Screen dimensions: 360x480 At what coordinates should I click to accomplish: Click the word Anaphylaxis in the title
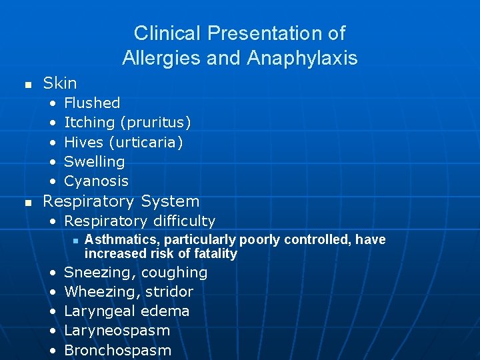pyautogui.click(x=302, y=59)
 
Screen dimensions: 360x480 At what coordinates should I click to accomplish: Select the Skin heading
pyautogui.click(x=60, y=83)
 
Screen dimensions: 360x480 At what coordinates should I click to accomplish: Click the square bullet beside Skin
pyautogui.click(x=27, y=85)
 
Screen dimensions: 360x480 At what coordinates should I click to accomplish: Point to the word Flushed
pyautogui.click(x=92, y=103)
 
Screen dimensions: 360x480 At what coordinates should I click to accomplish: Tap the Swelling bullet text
pyautogui.click(x=94, y=162)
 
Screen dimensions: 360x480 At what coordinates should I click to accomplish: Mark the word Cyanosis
pyautogui.click(x=96, y=181)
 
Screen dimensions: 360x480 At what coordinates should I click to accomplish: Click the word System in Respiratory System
pyautogui.click(x=170, y=201)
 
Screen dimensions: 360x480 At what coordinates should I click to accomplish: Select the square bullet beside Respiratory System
pyautogui.click(x=27, y=203)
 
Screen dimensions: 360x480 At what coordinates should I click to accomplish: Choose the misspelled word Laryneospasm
pyautogui.click(x=117, y=331)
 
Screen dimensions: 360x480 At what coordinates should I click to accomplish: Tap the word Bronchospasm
pyautogui.click(x=117, y=351)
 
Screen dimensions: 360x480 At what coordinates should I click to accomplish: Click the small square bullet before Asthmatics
pyautogui.click(x=77, y=241)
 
